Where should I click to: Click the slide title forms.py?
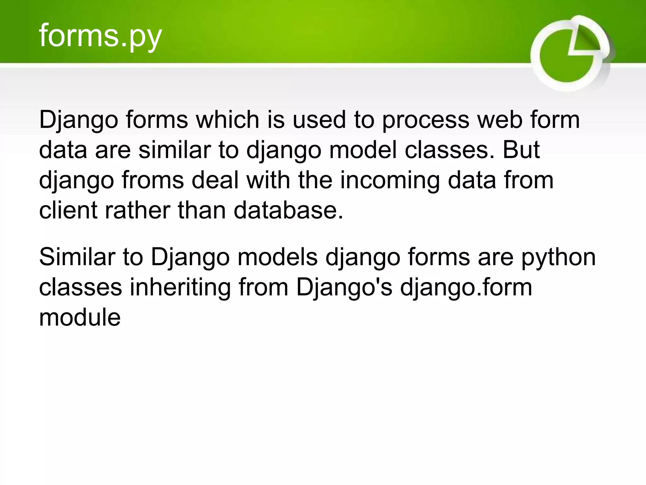[x=100, y=36]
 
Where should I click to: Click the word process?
[x=426, y=120]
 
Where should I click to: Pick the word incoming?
[x=390, y=181]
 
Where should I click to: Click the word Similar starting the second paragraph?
[x=77, y=257]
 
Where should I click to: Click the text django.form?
[x=466, y=288]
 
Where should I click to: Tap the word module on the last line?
[x=80, y=317]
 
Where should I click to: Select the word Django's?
[x=344, y=288]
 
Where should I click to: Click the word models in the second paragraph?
[x=278, y=257]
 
